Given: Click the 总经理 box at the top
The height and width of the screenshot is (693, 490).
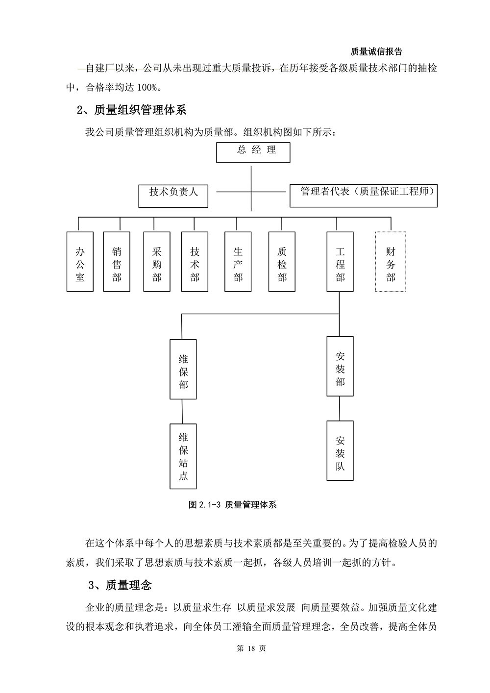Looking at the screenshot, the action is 253,152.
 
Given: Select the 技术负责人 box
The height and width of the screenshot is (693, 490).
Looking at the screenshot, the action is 173,196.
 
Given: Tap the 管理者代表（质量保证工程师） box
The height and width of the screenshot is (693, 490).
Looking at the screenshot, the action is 364,196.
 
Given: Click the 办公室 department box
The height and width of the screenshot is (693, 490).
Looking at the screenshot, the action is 80,262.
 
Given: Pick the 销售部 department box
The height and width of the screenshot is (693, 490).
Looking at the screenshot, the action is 117,262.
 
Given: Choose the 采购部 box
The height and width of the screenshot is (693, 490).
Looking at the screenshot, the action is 157,262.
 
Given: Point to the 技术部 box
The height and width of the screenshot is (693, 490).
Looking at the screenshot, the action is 195,262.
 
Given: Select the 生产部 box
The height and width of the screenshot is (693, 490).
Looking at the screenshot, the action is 238,262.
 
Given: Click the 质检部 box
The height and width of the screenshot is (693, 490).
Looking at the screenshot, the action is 282,262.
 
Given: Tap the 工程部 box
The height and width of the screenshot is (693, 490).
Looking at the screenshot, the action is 340,262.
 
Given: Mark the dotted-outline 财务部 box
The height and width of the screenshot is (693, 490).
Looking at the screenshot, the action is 391,262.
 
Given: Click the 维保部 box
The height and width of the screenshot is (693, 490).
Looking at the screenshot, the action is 183,370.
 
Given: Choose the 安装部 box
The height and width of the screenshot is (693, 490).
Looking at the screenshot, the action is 340,366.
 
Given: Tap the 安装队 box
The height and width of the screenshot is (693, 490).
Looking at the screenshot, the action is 340,451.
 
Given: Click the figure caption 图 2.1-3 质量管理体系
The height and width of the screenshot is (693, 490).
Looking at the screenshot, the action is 232,505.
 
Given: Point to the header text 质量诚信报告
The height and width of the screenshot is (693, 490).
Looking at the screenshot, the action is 376,51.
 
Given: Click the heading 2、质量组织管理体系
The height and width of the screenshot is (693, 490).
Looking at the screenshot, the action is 131,110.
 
